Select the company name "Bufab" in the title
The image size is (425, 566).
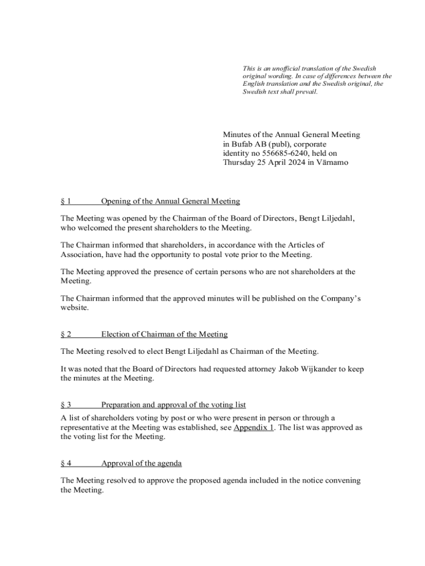[x=243, y=144]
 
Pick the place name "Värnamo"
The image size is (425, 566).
[x=332, y=163]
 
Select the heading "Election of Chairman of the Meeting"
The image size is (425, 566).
[x=164, y=334]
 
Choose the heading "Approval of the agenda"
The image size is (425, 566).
[x=141, y=463]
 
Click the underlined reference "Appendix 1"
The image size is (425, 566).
[x=254, y=428]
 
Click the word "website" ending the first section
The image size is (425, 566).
[x=74, y=308]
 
